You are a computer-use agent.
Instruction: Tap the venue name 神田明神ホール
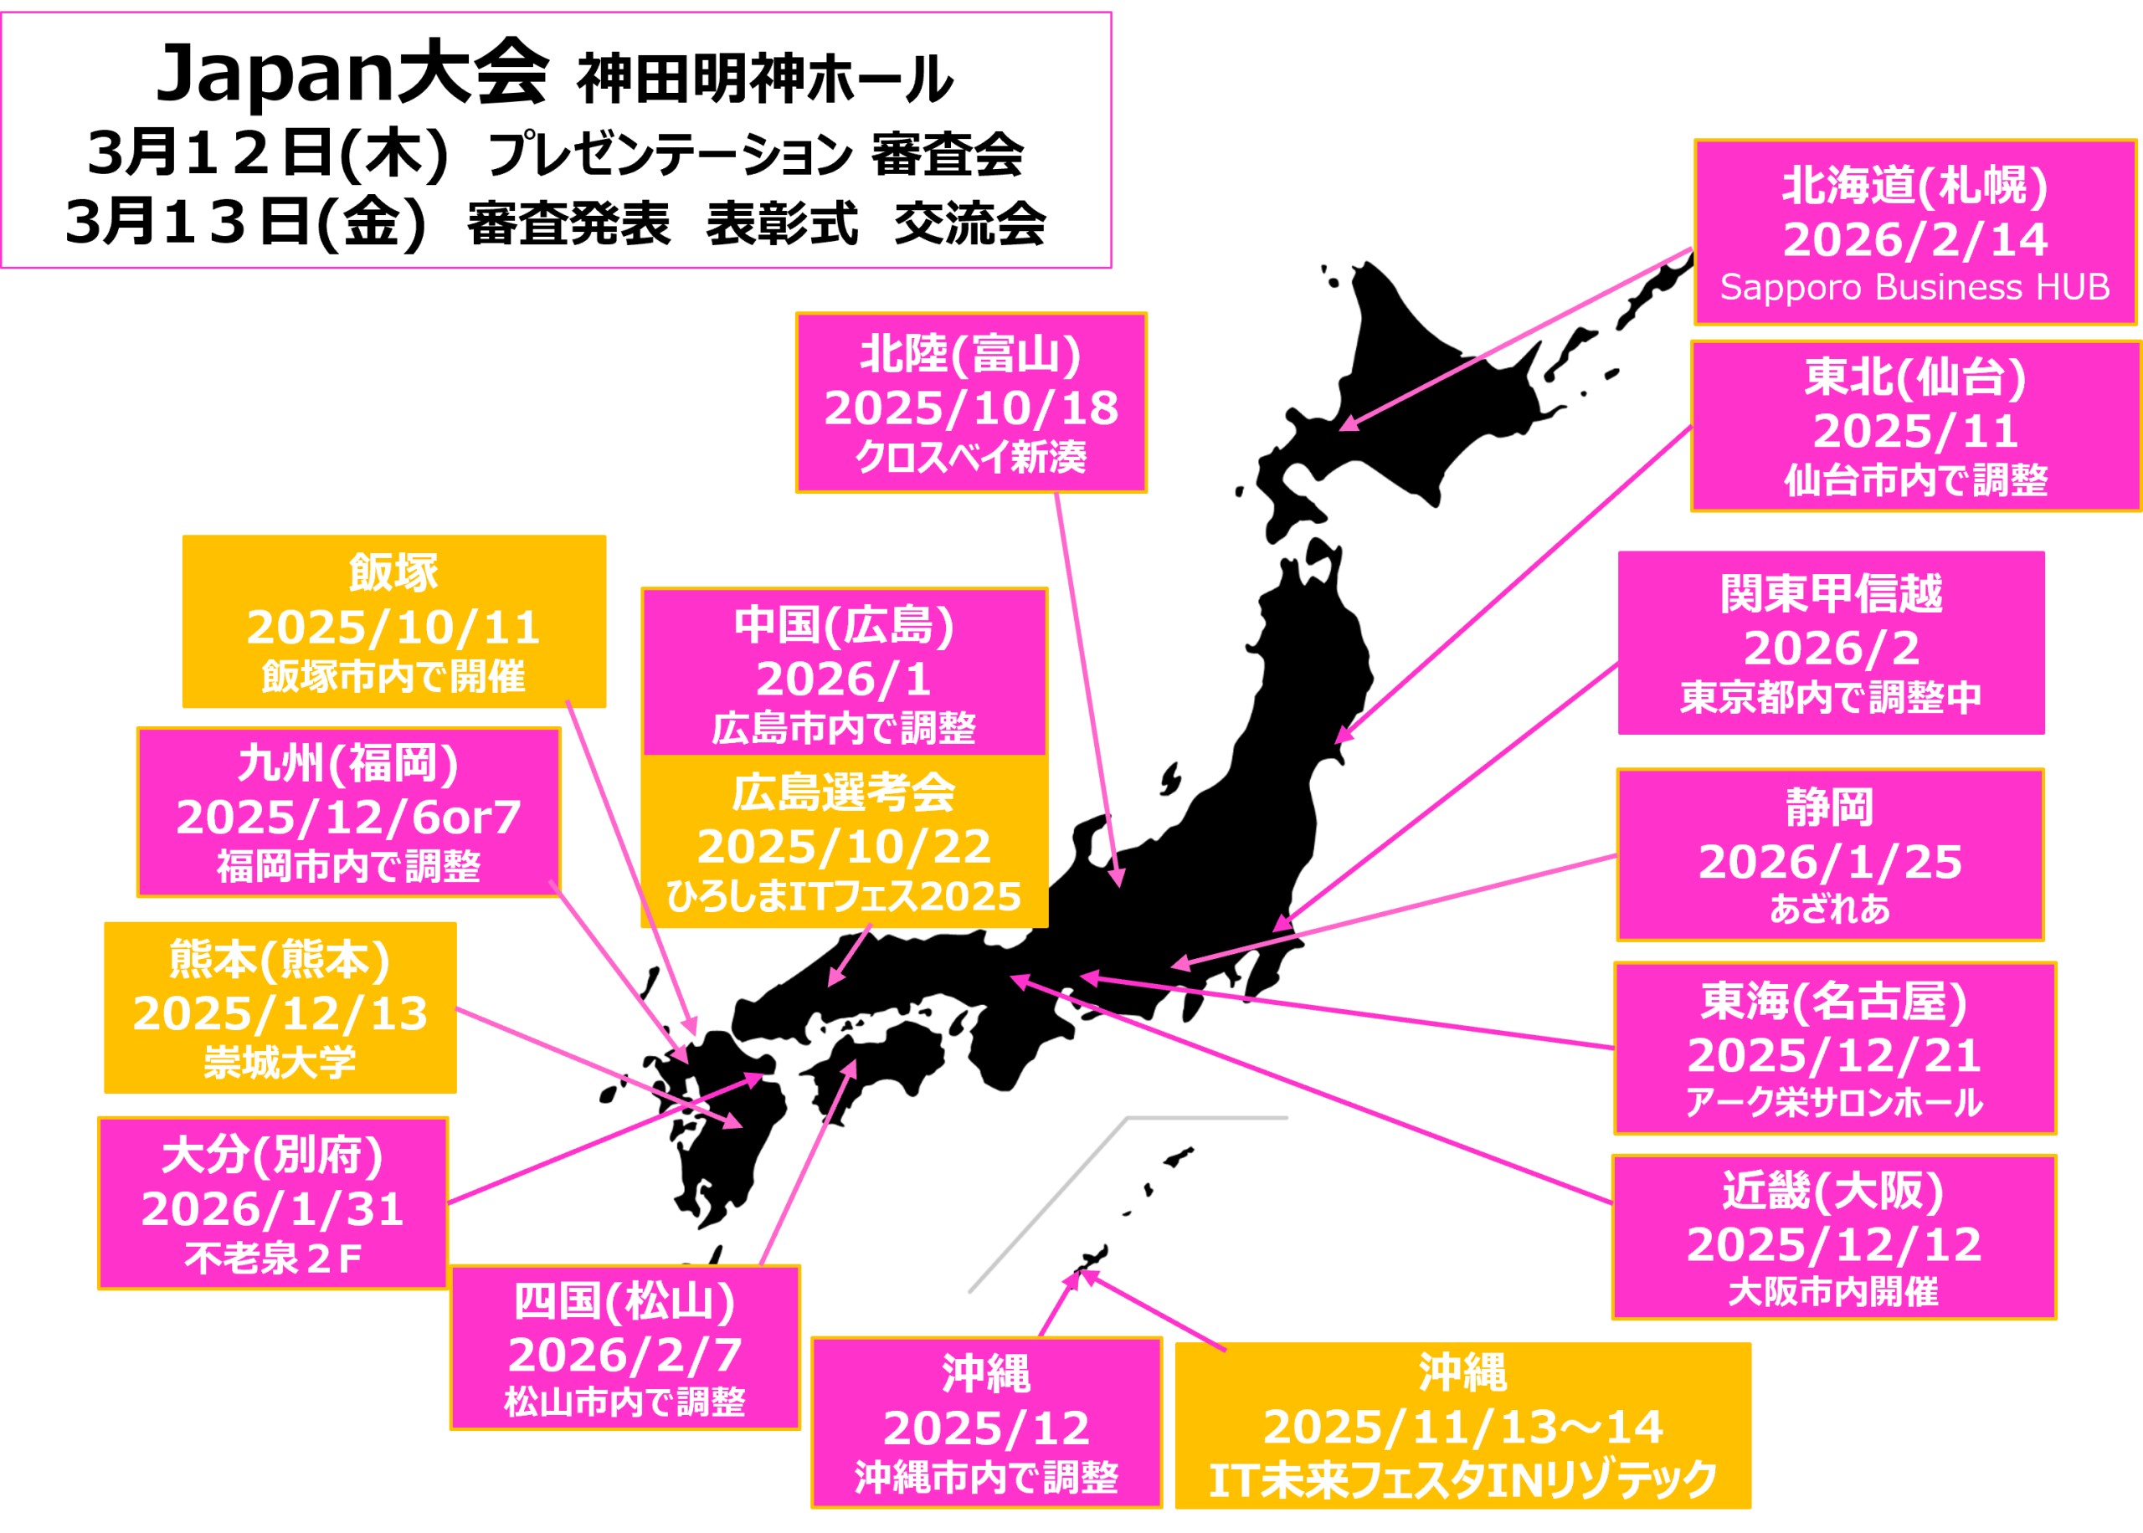[764, 79]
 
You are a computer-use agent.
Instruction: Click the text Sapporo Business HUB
[1914, 287]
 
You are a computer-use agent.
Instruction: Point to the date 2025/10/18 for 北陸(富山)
[971, 408]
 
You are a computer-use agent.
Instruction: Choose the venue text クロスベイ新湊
[971, 458]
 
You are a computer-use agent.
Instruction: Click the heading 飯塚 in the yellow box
[393, 572]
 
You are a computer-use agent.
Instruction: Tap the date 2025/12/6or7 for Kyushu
[348, 818]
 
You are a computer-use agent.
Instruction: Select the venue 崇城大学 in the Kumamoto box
[280, 1063]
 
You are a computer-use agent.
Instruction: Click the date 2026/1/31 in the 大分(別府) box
[273, 1209]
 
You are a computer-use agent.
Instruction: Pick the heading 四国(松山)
[625, 1302]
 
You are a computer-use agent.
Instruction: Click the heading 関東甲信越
[1832, 594]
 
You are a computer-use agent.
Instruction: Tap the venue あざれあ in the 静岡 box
[1830, 909]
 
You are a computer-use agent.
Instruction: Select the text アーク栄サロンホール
[1834, 1103]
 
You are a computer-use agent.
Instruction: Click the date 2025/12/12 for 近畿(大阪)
[1834, 1245]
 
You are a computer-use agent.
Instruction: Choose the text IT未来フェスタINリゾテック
[1462, 1480]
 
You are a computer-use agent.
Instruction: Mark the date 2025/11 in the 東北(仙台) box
[1915, 432]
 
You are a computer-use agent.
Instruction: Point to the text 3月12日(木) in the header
[267, 154]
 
